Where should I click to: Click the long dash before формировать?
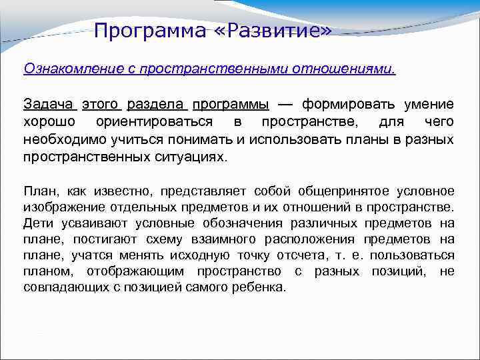click(285, 105)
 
